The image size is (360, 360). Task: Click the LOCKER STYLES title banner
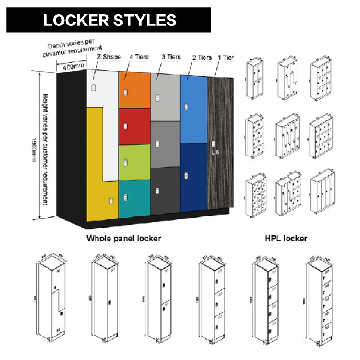(109, 20)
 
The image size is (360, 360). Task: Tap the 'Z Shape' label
(108, 57)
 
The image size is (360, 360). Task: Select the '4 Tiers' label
(139, 57)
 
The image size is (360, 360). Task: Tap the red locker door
(134, 126)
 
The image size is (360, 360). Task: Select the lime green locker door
(134, 162)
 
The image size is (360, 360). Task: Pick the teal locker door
(134, 198)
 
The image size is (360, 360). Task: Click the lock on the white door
(94, 88)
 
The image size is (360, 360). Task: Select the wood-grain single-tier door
(220, 144)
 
